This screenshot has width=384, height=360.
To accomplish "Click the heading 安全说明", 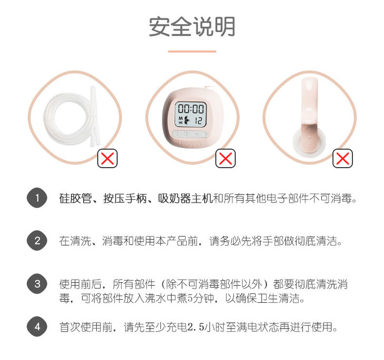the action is tap(192, 26).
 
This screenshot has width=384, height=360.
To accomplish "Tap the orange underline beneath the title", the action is tap(192, 52).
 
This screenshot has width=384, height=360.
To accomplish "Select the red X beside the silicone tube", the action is tap(107, 158).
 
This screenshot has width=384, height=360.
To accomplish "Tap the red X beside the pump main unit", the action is tap(225, 158).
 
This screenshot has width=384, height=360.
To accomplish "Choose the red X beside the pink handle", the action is tap(342, 158).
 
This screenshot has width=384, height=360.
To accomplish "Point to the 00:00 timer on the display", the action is tap(191, 109).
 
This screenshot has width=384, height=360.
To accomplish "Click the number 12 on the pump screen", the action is tap(198, 120).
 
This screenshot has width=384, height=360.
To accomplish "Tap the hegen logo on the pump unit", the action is tap(190, 143).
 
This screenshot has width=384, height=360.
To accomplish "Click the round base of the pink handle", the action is tap(309, 142).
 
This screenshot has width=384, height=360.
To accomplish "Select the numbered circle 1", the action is tap(37, 198).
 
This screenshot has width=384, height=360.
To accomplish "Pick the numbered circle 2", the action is tap(37, 241).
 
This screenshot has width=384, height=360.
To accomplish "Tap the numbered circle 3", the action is tap(37, 284).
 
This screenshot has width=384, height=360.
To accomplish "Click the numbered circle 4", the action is tap(37, 326).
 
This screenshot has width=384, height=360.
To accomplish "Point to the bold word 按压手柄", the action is tap(125, 198).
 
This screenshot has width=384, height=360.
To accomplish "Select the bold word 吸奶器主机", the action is tap(185, 198).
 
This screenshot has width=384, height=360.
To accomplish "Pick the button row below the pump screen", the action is tap(190, 134).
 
